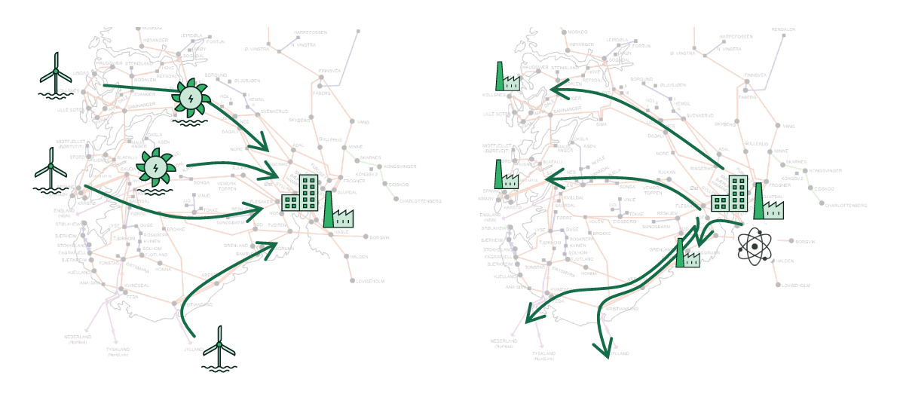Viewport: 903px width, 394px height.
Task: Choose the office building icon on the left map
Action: [301, 193]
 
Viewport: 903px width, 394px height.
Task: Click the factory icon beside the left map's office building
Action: [338, 209]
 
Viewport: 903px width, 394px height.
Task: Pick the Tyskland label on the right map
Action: [543, 353]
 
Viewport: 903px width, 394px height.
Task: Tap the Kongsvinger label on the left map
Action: [400, 166]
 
